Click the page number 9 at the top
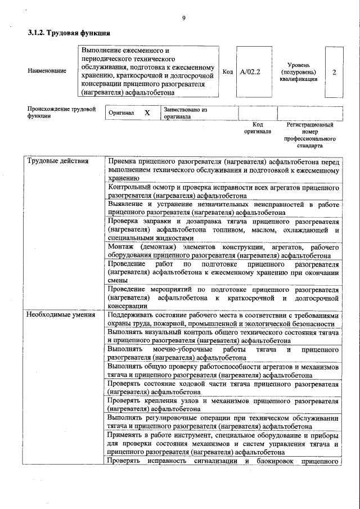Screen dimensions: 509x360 pyautogui.click(x=183, y=19)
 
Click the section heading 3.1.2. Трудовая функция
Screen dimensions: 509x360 pyautogui.click(x=68, y=33)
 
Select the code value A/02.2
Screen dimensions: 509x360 pyautogui.click(x=250, y=72)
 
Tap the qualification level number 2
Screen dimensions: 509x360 pyautogui.click(x=334, y=73)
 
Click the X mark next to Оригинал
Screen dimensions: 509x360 pyautogui.click(x=147, y=112)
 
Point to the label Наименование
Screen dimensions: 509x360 pyautogui.click(x=47, y=71)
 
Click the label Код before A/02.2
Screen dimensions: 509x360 pyautogui.click(x=228, y=72)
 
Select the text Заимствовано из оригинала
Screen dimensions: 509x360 pyautogui.click(x=186, y=113)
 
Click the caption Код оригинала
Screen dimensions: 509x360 pyautogui.click(x=258, y=128)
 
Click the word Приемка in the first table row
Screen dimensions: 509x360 pyautogui.click(x=123, y=161)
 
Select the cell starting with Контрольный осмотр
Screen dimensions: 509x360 pyautogui.click(x=223, y=191)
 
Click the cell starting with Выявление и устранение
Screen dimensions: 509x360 pyautogui.click(x=223, y=209)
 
